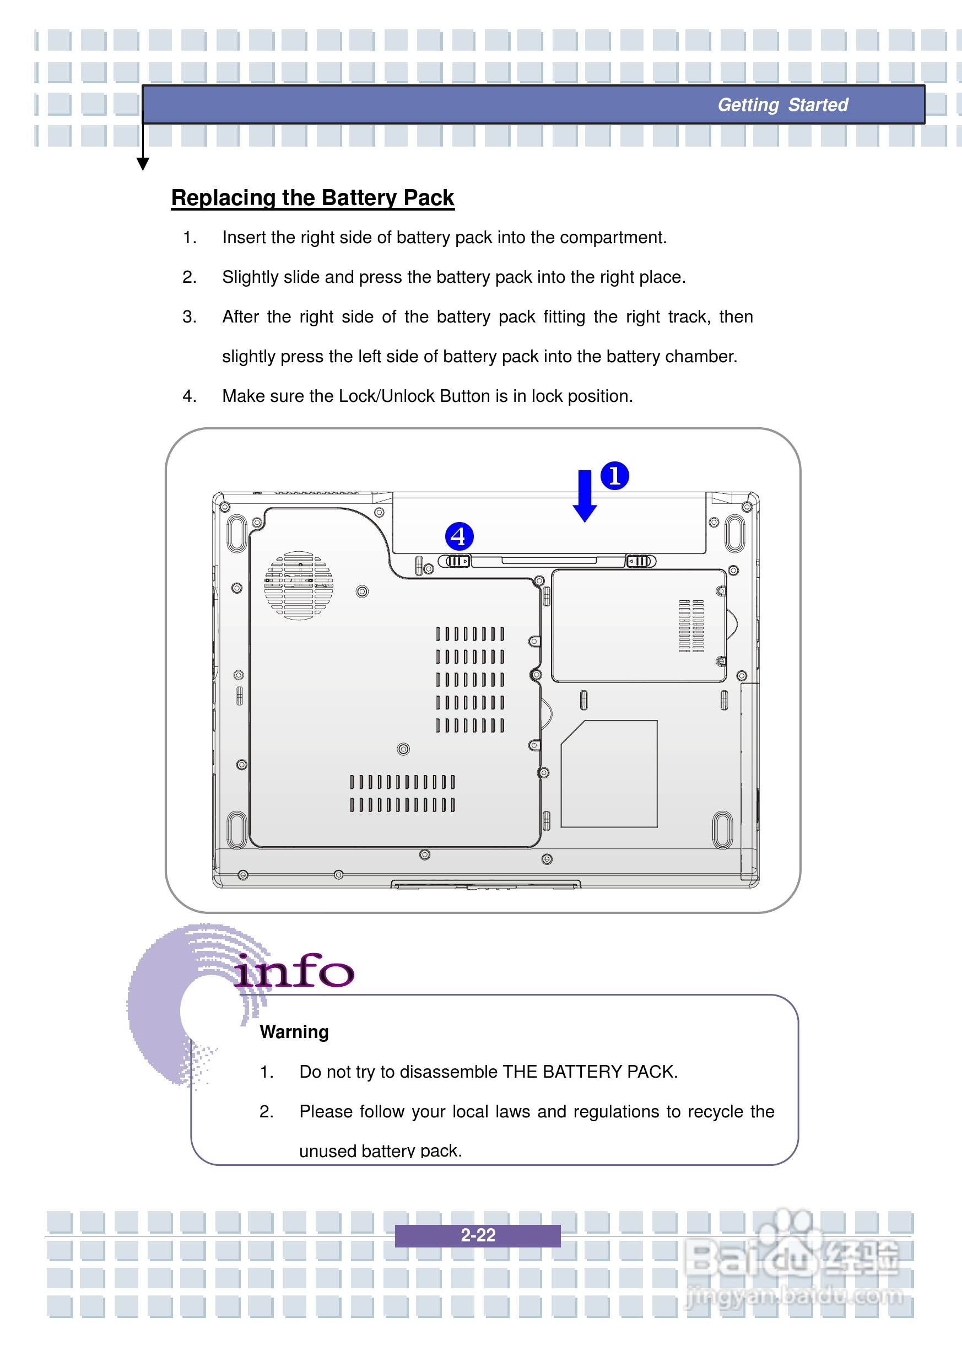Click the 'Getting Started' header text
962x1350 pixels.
click(782, 105)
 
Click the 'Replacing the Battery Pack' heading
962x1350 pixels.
click(312, 197)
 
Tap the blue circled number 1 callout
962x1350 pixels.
click(614, 476)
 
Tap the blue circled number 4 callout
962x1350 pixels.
click(458, 536)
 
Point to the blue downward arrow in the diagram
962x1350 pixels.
click(585, 496)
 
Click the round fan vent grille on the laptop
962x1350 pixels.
click(299, 585)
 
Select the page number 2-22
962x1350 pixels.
click(478, 1235)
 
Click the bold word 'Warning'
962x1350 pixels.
click(294, 1032)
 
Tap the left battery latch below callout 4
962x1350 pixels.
click(455, 561)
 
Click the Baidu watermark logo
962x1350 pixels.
click(794, 1262)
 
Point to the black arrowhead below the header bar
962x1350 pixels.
click(143, 164)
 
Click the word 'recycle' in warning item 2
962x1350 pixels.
click(715, 1111)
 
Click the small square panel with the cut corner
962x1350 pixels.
click(609, 773)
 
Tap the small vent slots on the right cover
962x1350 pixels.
click(691, 626)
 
